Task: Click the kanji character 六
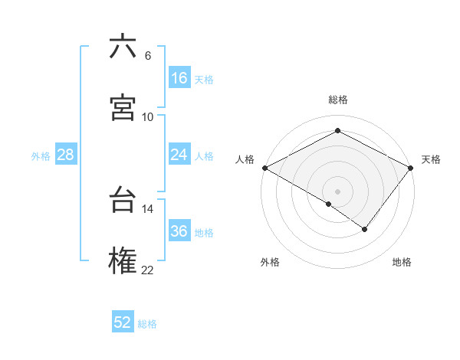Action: [123, 47]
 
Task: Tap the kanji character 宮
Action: [123, 108]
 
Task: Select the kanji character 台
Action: [123, 200]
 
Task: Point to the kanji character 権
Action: [123, 260]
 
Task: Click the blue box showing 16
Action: [179, 78]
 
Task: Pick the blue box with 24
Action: [179, 155]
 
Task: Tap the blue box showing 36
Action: [179, 231]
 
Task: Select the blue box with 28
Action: [66, 155]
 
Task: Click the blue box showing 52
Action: [123, 322]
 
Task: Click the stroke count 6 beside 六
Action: [148, 55]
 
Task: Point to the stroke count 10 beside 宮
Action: [148, 116]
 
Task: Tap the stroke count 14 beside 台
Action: [148, 208]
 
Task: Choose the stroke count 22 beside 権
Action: [148, 270]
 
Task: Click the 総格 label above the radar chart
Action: [337, 100]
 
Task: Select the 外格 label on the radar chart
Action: [270, 263]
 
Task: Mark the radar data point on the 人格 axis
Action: [264, 168]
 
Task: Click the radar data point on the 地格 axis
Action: [365, 229]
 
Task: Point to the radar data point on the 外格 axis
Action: [329, 204]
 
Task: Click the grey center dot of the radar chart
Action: [337, 191]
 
